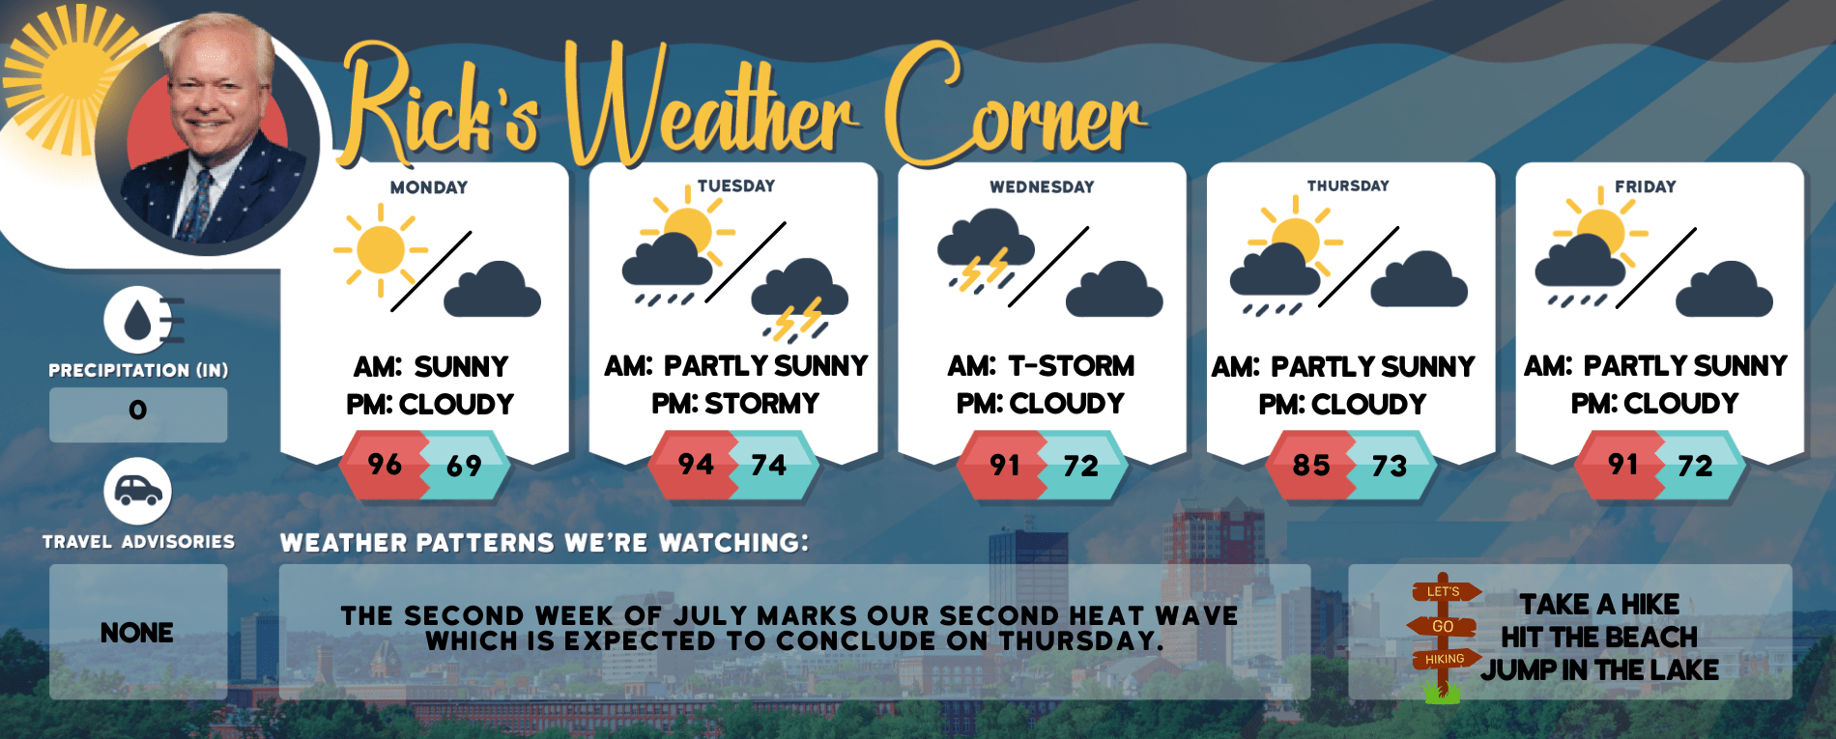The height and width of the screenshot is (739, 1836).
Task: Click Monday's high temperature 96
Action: tap(385, 465)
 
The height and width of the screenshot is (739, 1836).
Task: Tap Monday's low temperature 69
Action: tap(464, 467)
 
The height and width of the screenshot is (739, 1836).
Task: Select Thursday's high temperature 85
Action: tap(1311, 466)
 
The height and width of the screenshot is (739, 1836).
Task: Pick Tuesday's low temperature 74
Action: tap(769, 466)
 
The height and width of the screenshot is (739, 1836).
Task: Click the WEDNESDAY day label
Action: tap(1042, 186)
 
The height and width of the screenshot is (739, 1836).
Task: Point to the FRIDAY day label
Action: tap(1645, 186)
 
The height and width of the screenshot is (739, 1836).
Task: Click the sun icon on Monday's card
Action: tap(381, 249)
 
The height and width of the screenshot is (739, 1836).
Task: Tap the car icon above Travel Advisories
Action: tap(138, 492)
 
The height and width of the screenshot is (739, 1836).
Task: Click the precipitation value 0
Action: tap(138, 411)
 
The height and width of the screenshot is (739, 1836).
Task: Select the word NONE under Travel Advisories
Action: tap(137, 633)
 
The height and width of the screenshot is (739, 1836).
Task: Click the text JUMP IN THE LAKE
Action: tap(1600, 669)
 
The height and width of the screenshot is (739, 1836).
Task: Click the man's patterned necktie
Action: tap(196, 204)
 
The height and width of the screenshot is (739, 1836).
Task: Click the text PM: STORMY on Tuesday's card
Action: tap(735, 403)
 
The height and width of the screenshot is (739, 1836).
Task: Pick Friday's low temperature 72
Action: tap(1696, 467)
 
